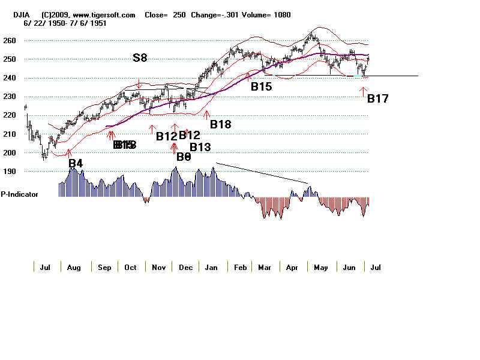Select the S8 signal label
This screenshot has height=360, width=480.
[140, 59]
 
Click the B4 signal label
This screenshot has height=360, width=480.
[75, 163]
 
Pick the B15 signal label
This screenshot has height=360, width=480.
[261, 86]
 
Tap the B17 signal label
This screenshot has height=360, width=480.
[377, 99]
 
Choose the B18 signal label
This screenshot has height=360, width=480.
[220, 124]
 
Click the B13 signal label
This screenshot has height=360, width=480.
[201, 147]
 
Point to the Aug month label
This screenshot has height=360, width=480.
[74, 267]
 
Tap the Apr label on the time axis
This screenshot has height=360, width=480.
[292, 267]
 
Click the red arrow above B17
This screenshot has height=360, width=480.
[362, 91]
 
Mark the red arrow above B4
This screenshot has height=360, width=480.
[70, 152]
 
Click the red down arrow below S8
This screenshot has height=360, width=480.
[139, 85]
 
